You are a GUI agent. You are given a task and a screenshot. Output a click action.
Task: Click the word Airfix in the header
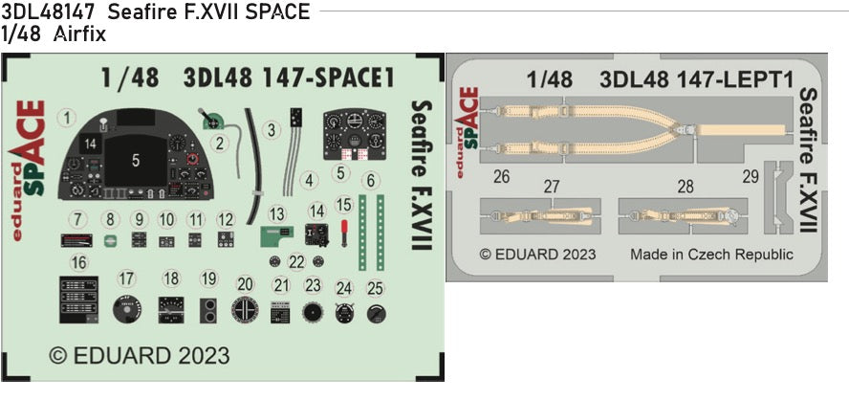point(81,34)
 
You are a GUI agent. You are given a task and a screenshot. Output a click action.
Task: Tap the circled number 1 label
point(66,119)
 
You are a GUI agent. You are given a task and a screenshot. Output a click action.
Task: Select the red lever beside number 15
point(344,230)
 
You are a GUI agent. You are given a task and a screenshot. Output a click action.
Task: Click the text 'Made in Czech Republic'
point(710,255)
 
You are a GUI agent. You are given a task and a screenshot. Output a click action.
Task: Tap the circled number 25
point(375,287)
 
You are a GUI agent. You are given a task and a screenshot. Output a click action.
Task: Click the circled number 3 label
point(272,127)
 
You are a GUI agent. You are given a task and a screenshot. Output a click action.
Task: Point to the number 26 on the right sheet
point(501,177)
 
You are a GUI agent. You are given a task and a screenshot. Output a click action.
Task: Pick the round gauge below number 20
point(246,311)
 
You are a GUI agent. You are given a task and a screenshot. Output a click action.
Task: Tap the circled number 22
point(296,261)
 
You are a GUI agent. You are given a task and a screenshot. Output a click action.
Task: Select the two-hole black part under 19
point(209,309)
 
